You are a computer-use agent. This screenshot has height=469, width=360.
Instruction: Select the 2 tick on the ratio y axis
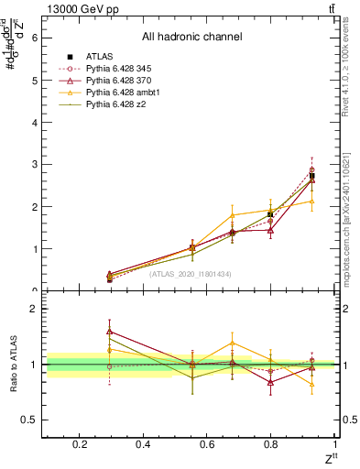[x=34, y=309]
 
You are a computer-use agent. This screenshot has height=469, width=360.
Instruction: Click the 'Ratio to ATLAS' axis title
[x=12, y=364]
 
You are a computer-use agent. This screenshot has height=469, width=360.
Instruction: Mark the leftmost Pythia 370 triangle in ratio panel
[x=110, y=331]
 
